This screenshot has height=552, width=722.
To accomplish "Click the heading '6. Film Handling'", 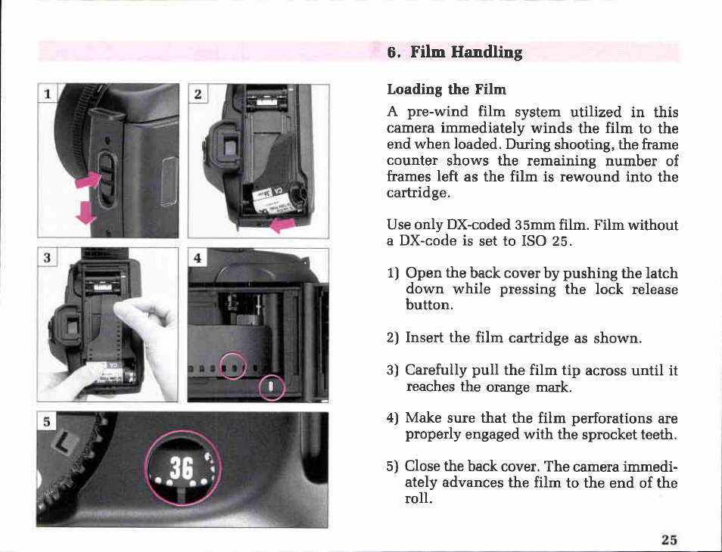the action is point(455,52).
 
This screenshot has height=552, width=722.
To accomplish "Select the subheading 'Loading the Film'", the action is point(447,89).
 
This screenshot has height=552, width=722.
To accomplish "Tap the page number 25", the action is point(669,539).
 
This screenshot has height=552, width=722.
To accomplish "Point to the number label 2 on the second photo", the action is point(198,95).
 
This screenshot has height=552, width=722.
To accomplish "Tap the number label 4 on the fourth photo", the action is point(198,258).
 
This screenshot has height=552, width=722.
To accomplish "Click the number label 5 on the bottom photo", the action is point(46,422).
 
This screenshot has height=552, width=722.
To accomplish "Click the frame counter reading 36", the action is point(181,468).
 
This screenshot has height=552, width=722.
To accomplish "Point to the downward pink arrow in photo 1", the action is point(86,212).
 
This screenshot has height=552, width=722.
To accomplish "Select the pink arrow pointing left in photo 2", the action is point(282,225).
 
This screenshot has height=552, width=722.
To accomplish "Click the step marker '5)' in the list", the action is point(392,467).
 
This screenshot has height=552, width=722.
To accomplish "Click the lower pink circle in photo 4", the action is point(272,388).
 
